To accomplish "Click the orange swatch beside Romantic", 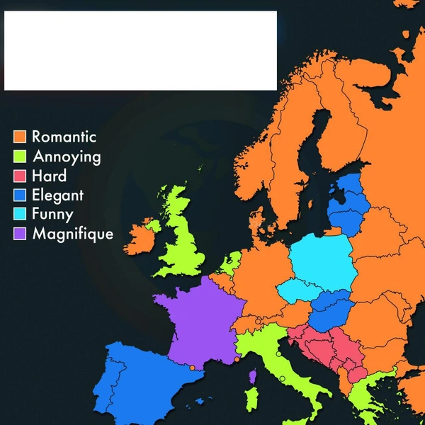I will pyautogui.click(x=20, y=137).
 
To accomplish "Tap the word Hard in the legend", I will pyautogui.click(x=50, y=176).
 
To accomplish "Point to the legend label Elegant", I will pyautogui.click(x=57, y=195).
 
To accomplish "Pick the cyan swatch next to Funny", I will pyautogui.click(x=20, y=214).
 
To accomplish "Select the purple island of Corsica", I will pyautogui.click(x=253, y=376).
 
